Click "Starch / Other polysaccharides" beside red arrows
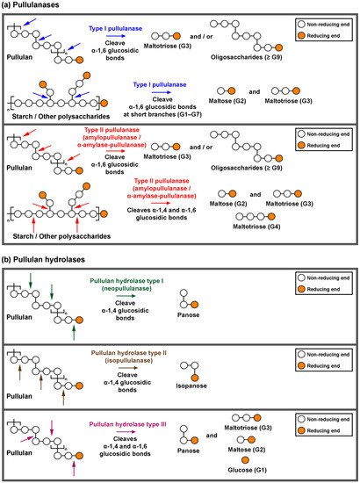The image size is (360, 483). tap(56, 234)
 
